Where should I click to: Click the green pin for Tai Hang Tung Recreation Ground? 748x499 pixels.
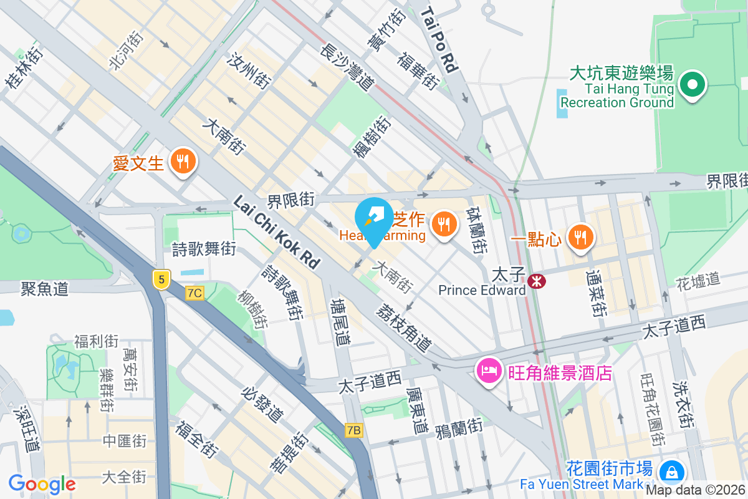[x=691, y=85]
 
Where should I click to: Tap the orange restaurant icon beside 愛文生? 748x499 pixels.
[x=183, y=162]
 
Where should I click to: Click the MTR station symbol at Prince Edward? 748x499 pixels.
[x=535, y=282]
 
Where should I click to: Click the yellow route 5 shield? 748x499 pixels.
[x=161, y=280]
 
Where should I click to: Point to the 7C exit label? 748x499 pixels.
[x=194, y=293]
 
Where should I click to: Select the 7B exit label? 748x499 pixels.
[x=353, y=430]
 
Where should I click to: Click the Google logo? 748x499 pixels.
[x=42, y=484]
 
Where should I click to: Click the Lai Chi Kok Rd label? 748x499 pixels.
[x=277, y=231]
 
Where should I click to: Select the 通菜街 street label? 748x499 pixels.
[x=596, y=292]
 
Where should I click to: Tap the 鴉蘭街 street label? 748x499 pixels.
[x=459, y=427]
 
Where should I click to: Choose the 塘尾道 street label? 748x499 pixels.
[x=340, y=321]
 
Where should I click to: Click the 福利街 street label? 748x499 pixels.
[x=96, y=341]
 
